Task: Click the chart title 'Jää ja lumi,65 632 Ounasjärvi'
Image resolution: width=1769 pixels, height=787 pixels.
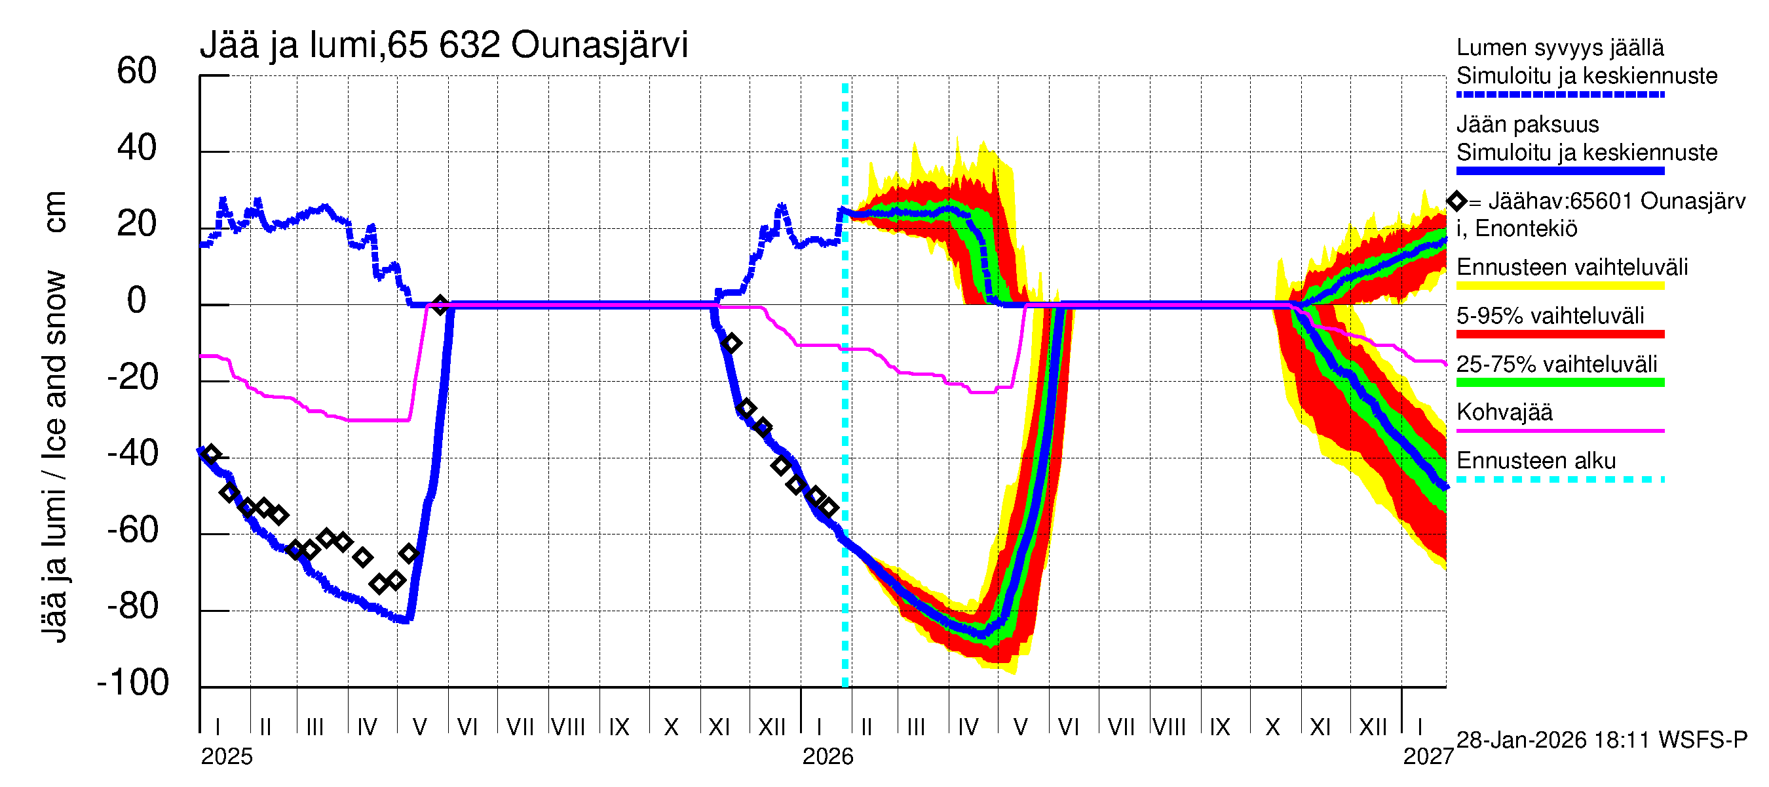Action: (x=444, y=45)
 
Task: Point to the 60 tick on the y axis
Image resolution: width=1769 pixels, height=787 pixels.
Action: (x=137, y=71)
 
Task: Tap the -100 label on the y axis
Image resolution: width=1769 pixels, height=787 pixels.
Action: (x=133, y=683)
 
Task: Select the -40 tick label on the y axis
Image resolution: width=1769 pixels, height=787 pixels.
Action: (x=133, y=454)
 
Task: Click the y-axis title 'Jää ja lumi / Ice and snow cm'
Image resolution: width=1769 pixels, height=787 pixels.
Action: (x=54, y=416)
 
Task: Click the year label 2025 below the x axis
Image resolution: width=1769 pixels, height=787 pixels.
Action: (x=227, y=757)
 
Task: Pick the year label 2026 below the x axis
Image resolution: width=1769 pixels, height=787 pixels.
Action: (x=827, y=757)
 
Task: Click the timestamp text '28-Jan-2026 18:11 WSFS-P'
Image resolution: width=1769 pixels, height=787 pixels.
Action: (x=1601, y=740)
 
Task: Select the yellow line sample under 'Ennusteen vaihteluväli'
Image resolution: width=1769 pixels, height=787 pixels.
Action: (x=1560, y=285)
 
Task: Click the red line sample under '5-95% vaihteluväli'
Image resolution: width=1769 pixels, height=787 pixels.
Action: (x=1560, y=334)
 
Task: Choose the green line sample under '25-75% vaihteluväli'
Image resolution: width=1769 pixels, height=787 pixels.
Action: (x=1560, y=382)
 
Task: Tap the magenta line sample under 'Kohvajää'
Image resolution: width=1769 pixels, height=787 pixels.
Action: (x=1560, y=431)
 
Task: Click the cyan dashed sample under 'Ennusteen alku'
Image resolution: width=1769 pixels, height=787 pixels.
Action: (x=1560, y=479)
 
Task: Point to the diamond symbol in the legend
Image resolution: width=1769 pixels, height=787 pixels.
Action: (x=1456, y=201)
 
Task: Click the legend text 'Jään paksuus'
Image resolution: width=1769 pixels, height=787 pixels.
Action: (x=1528, y=125)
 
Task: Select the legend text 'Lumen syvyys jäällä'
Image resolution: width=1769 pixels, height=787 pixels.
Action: (x=1560, y=47)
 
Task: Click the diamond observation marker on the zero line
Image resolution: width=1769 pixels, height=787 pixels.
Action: (x=440, y=304)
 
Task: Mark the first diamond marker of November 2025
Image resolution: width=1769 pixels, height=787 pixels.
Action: (x=731, y=343)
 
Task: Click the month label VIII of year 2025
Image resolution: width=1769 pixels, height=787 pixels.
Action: (x=569, y=727)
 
